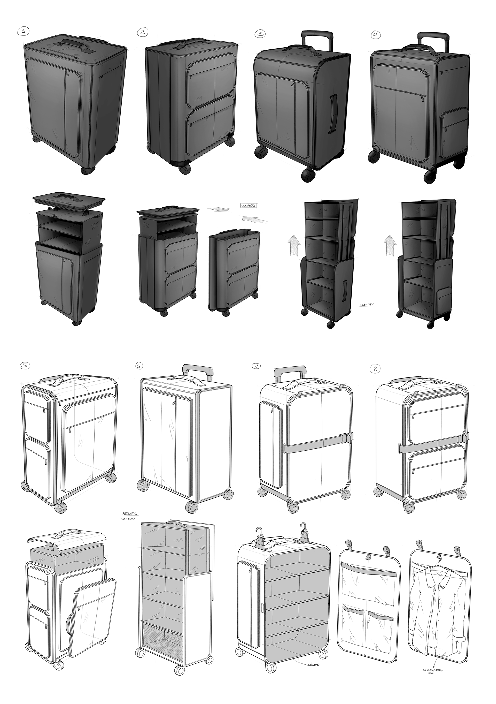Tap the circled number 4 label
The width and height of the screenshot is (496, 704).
click(376, 35)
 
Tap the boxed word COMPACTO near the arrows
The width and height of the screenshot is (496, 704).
click(249, 206)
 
